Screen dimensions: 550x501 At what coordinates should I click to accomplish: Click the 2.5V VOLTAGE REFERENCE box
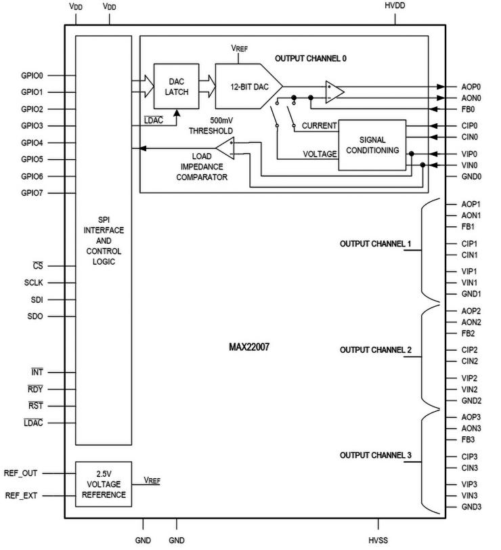[x=103, y=484]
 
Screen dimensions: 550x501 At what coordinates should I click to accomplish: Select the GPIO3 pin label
[x=32, y=126]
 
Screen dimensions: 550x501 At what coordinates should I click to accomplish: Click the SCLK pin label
[x=35, y=283]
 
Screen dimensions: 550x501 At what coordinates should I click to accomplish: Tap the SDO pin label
[x=35, y=316]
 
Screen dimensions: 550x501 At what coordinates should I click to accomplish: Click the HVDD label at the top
[x=395, y=6]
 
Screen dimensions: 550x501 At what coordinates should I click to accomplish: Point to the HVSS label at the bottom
[x=378, y=540]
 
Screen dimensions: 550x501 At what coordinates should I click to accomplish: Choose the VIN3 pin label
[x=470, y=496]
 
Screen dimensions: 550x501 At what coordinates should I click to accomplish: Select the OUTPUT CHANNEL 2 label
[x=375, y=350]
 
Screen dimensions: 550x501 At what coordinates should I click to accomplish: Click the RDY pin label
[x=35, y=389]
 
